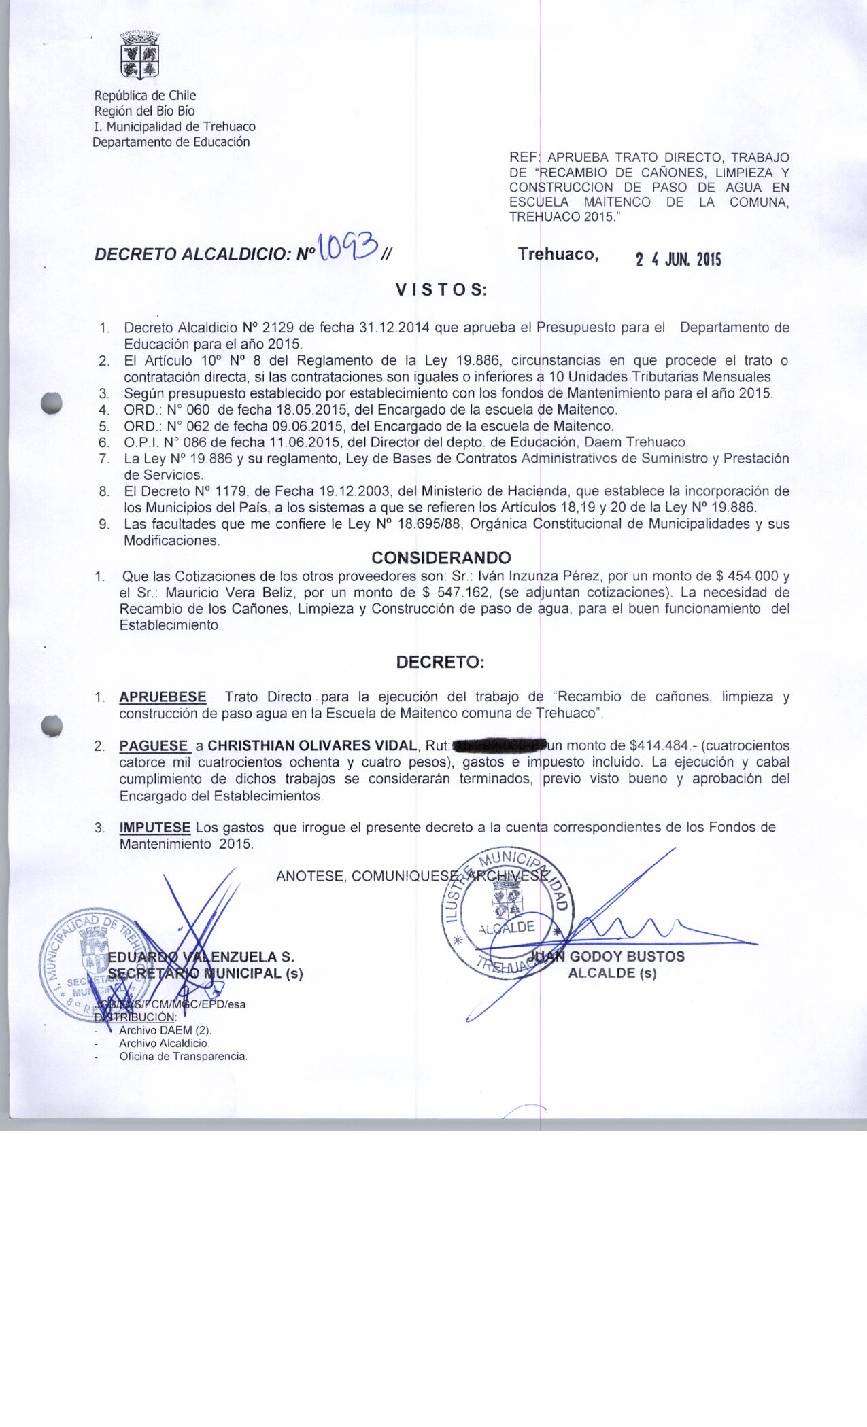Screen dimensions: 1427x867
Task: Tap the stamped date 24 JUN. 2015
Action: tap(678, 260)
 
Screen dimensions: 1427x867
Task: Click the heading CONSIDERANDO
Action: tap(441, 558)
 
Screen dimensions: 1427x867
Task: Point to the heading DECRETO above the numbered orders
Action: tap(441, 663)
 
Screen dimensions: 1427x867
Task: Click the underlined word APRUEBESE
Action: tap(163, 697)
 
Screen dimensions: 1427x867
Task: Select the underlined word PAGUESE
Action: tap(154, 746)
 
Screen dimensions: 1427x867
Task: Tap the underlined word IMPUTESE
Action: tap(154, 828)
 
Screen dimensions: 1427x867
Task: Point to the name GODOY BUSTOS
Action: tap(626, 957)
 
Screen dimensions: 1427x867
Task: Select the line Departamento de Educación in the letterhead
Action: tap(171, 142)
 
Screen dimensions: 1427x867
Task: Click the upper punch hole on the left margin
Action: tap(51, 402)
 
